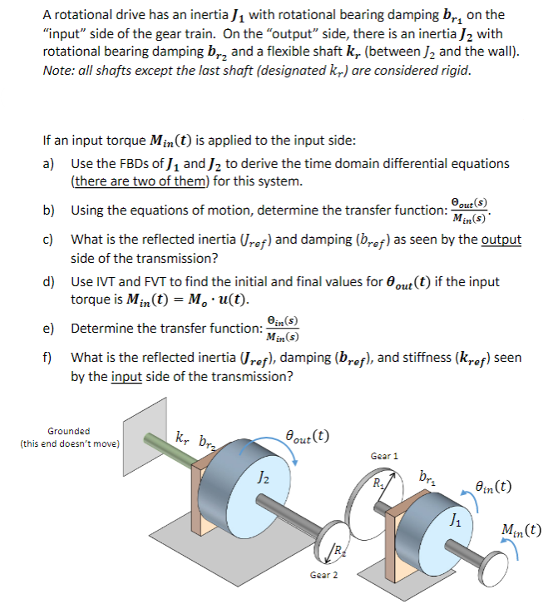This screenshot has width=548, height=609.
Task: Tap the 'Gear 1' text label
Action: coord(384,456)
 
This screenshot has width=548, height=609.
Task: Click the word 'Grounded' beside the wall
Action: coord(69,431)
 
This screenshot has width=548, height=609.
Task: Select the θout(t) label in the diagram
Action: coord(306,434)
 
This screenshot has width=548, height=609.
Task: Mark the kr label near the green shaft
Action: coord(182,435)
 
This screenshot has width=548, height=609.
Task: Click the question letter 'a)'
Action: coord(48,163)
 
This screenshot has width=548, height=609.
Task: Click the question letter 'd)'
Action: coord(48,281)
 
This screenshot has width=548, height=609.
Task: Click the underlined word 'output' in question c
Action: coord(501,240)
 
